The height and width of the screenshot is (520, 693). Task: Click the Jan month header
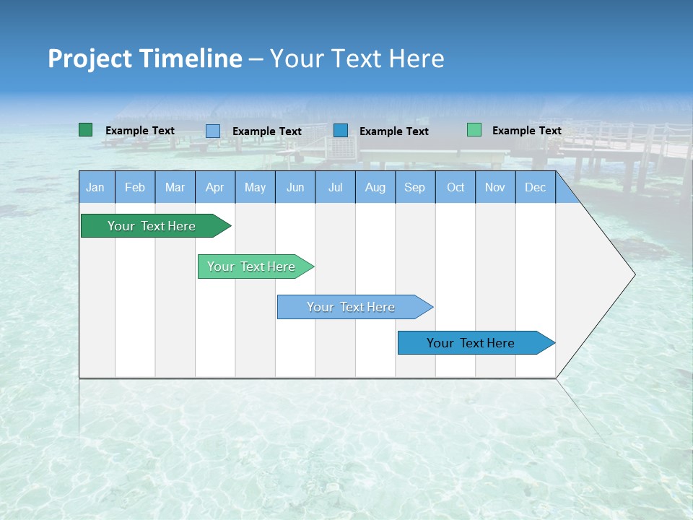tap(95, 187)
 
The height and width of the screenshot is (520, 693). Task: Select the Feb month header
tap(135, 187)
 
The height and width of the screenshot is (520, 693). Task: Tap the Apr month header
tap(214, 187)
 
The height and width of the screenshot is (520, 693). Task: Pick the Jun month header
tap(295, 187)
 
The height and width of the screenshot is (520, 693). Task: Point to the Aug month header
tap(375, 187)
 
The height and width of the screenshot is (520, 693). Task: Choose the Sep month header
tap(414, 187)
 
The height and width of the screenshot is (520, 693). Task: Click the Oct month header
tap(456, 187)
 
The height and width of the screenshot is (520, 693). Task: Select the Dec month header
tap(535, 187)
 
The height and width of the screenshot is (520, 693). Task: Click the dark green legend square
tap(85, 130)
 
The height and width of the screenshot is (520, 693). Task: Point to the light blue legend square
tap(212, 131)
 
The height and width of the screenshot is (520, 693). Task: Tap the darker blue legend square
tap(341, 130)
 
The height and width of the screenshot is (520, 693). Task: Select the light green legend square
tap(474, 130)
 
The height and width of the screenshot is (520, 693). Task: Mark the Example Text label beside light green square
tap(526, 131)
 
